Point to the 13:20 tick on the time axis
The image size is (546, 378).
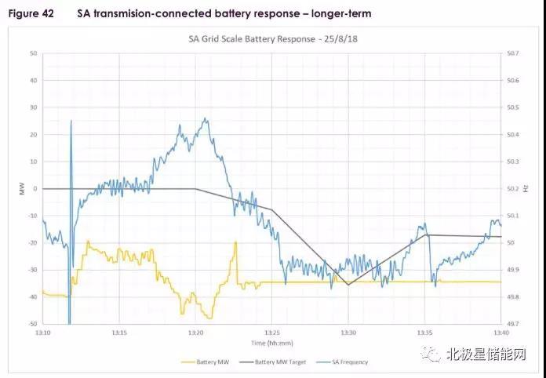(196, 332)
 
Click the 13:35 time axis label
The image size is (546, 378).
(425, 332)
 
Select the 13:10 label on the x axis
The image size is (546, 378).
(43, 332)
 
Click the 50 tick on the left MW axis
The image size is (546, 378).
(34, 53)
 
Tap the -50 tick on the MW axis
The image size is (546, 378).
(32, 324)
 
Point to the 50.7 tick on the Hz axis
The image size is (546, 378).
(514, 53)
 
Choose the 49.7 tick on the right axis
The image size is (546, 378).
(514, 324)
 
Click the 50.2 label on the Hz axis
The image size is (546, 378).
(514, 188)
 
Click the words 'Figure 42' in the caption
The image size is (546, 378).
(31, 13)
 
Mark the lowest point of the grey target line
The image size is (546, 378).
(348, 285)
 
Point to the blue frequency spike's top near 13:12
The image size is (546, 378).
(71, 121)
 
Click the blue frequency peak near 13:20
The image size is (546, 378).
(206, 119)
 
